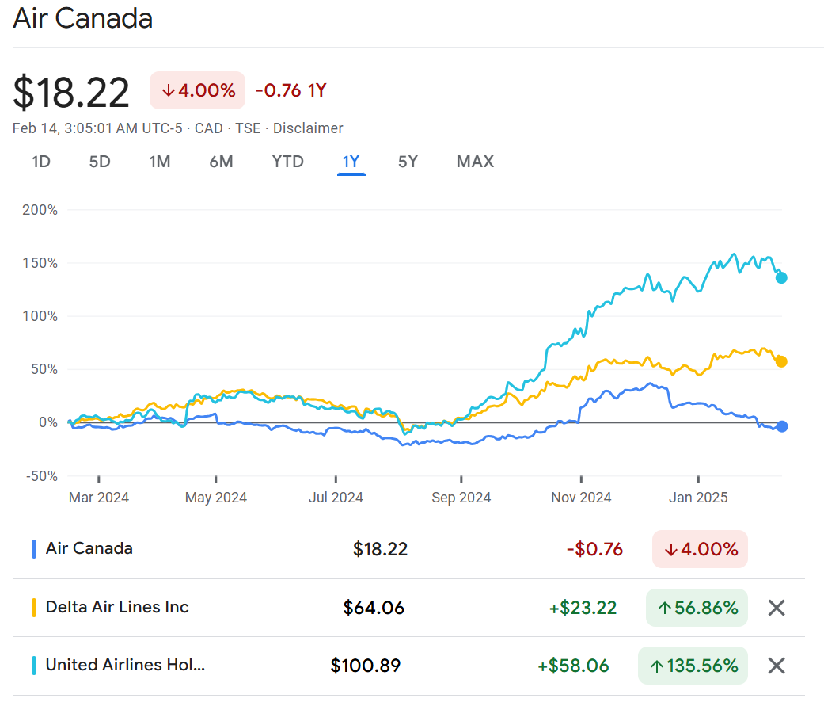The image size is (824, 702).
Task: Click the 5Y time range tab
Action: click(x=408, y=162)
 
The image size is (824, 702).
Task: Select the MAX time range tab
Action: click(x=475, y=162)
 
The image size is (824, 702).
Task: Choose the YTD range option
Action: click(x=287, y=162)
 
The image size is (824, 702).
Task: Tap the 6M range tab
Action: click(x=221, y=162)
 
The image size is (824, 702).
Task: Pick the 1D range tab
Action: click(x=41, y=162)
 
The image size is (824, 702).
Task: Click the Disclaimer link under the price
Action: click(x=308, y=128)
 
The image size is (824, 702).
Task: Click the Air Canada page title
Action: click(x=82, y=18)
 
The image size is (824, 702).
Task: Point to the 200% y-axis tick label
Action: click(x=41, y=210)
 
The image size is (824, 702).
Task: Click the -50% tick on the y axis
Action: click(x=41, y=476)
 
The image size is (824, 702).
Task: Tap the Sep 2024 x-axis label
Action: click(x=461, y=498)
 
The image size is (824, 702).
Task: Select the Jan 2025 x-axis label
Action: click(x=698, y=498)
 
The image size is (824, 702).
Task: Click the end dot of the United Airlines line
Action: click(x=781, y=277)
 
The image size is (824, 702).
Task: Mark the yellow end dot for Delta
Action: click(x=781, y=361)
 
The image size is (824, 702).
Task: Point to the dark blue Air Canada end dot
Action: click(x=782, y=426)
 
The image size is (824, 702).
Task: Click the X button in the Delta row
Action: click(x=777, y=608)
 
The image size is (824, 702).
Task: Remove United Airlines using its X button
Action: click(x=777, y=666)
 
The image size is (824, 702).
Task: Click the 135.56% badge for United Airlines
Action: click(x=693, y=666)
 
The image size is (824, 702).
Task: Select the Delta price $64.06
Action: click(x=374, y=608)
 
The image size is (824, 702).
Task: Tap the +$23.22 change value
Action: click(x=583, y=608)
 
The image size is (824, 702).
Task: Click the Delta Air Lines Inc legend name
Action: click(x=117, y=607)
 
